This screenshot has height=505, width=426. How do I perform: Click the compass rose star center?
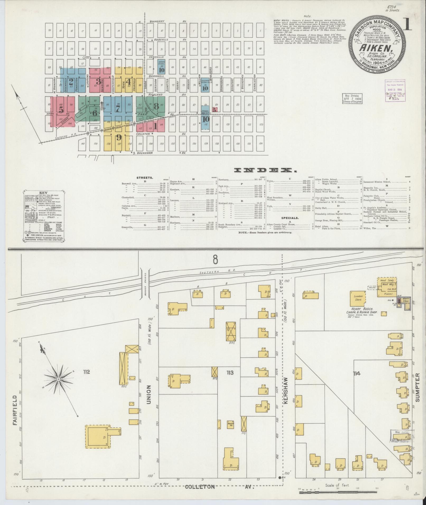click(58, 379)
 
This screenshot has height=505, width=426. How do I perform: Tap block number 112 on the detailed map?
click(86, 372)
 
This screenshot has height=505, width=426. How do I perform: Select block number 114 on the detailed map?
click(358, 373)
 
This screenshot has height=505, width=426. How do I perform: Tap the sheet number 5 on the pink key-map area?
click(61, 109)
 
